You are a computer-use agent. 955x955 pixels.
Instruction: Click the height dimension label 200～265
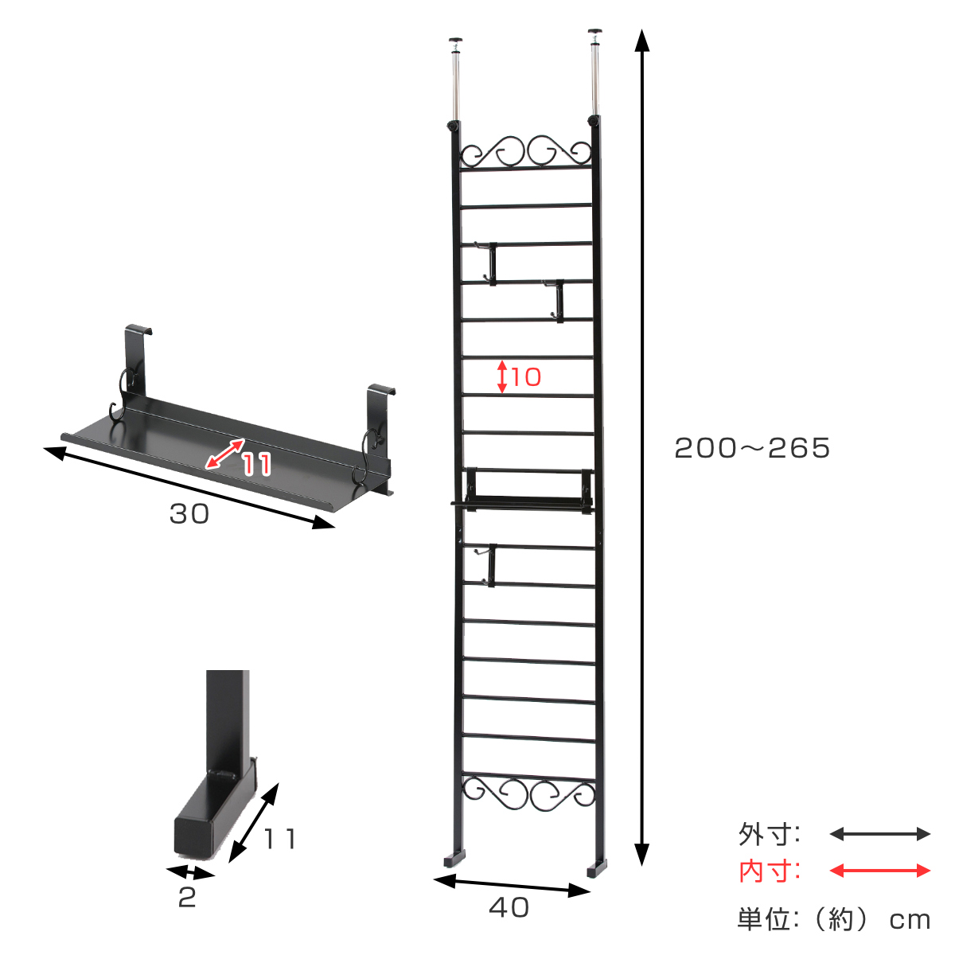752,448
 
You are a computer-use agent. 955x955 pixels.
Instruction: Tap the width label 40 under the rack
509,907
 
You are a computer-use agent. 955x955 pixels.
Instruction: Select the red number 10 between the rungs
526,377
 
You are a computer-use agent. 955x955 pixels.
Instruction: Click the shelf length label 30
189,514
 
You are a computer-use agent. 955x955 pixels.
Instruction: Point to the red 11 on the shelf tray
257,464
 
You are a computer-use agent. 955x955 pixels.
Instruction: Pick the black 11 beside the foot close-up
279,839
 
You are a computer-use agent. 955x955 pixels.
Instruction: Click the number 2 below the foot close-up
187,898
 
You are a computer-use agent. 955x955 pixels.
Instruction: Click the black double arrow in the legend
880,834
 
